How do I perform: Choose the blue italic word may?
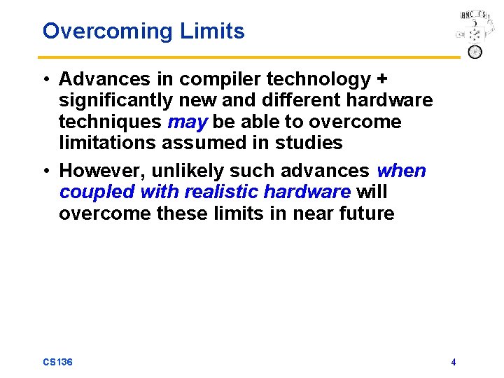(187, 122)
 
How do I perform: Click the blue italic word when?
(401, 171)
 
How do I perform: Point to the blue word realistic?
(220, 192)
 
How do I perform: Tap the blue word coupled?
(96, 192)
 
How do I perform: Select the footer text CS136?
(57, 362)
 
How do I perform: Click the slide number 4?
(454, 362)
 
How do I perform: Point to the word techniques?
(110, 122)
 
